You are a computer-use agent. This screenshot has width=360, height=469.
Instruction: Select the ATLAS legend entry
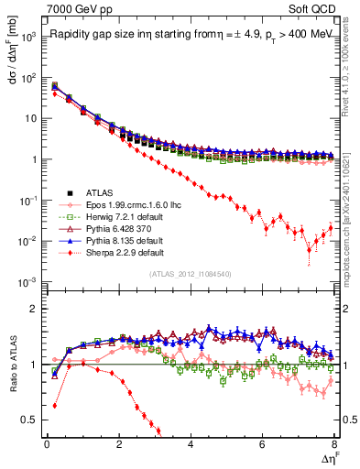click(x=102, y=191)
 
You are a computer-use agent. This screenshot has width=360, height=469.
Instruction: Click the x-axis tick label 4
click(x=190, y=444)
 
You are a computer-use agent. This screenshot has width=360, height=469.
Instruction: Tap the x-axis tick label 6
click(x=262, y=444)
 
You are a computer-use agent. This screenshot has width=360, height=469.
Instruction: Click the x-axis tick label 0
click(x=46, y=444)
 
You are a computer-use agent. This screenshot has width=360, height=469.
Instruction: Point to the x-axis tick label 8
click(x=333, y=444)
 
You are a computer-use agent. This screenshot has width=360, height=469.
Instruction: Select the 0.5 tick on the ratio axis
click(x=30, y=420)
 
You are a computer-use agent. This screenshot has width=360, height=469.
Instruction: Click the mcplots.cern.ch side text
click(x=353, y=220)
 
